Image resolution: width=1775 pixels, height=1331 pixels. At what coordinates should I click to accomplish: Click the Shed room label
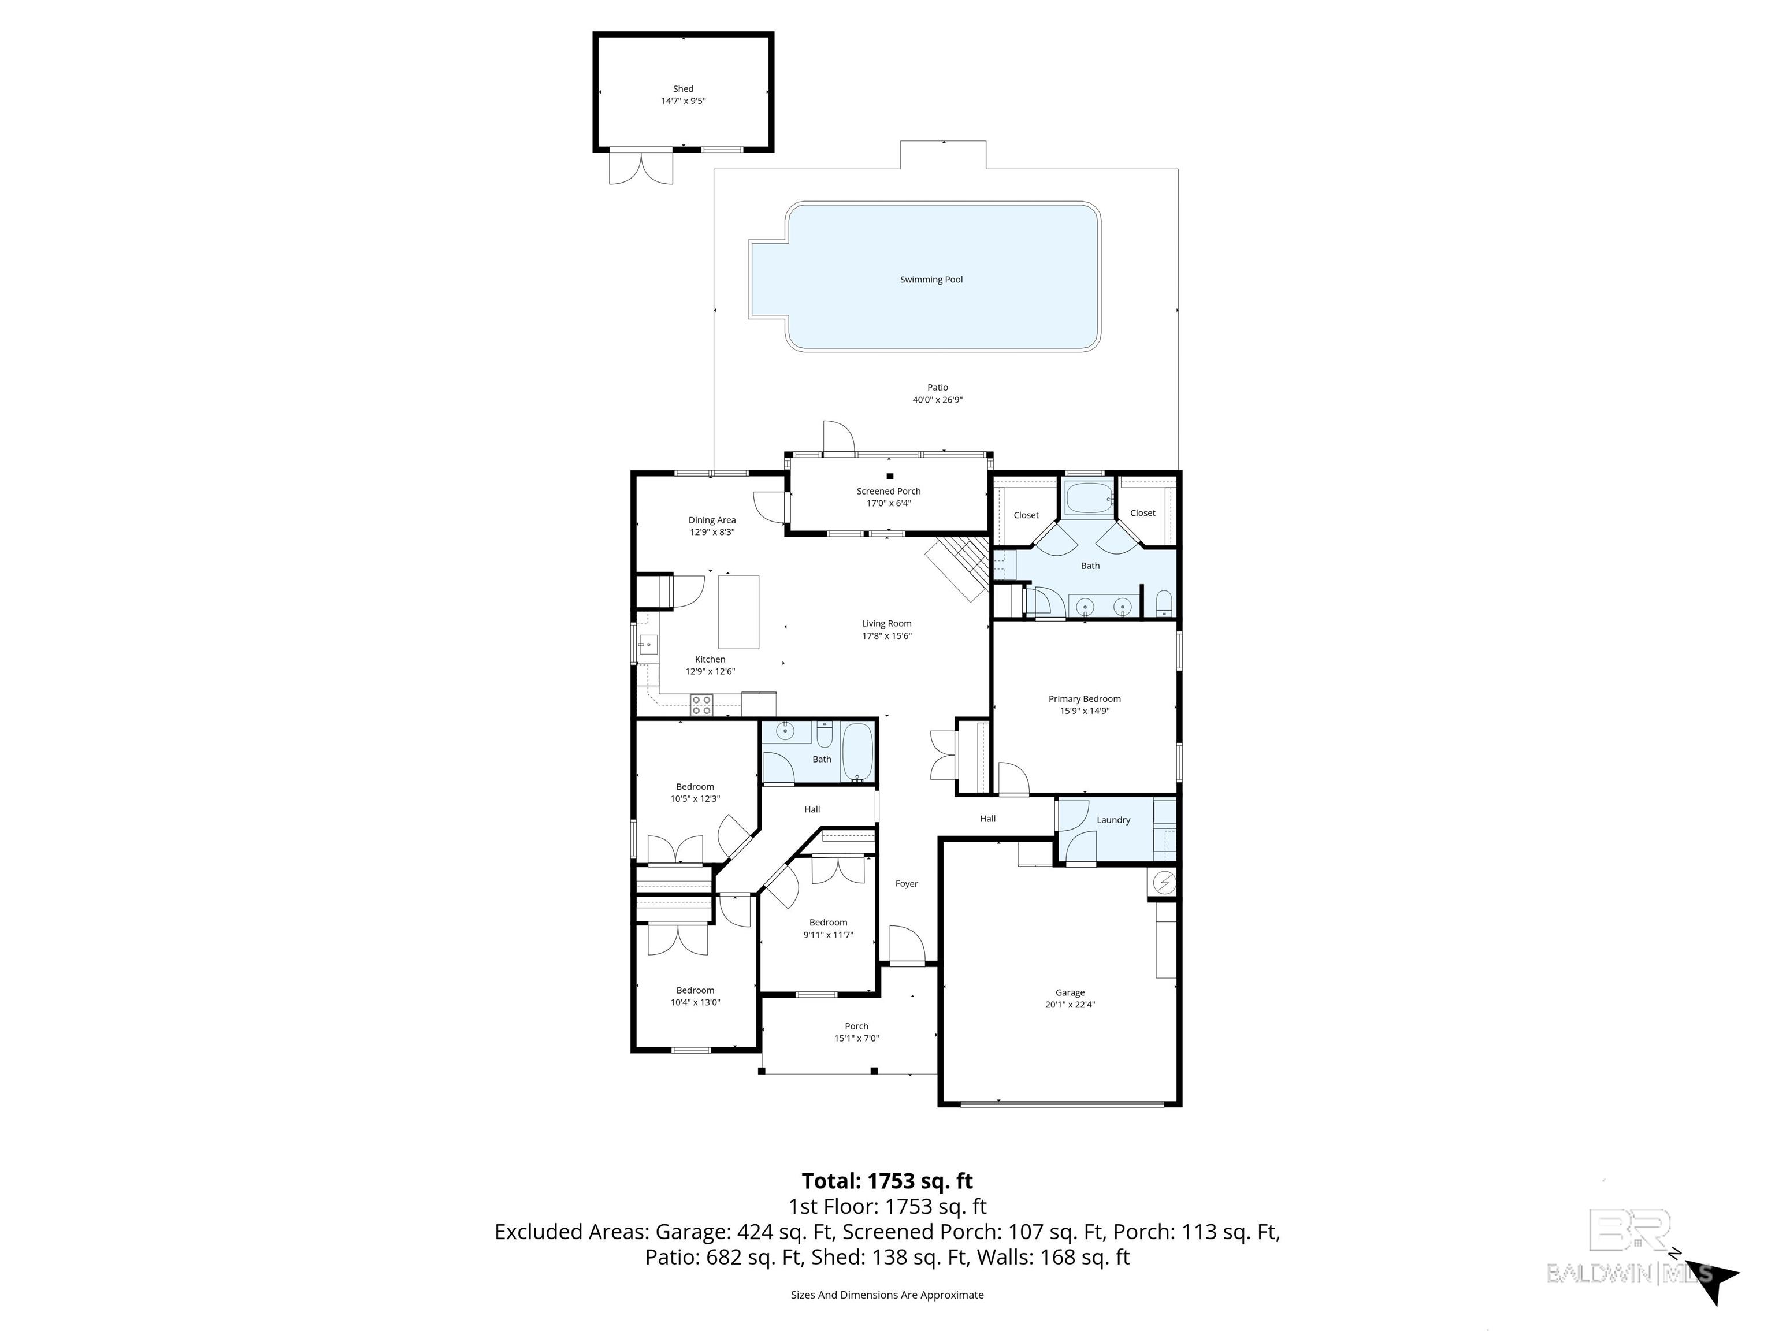[683, 89]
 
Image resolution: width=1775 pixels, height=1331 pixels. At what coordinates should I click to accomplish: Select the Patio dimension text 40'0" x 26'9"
[937, 400]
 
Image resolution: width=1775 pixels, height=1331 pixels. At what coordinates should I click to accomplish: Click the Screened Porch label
[888, 491]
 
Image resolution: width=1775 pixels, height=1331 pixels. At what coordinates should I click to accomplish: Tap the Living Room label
[886, 623]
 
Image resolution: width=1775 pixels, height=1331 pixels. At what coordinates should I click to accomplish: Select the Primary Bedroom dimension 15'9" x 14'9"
[1084, 711]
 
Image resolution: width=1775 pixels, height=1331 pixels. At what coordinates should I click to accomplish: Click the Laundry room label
[1113, 820]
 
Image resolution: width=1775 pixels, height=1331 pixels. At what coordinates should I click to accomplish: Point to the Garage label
[1070, 992]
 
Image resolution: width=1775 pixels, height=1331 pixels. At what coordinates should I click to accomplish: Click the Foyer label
[906, 883]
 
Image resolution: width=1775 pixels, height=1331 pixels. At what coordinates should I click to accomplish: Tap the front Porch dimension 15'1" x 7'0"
[856, 1038]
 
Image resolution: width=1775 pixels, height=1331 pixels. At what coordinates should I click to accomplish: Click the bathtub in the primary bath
[1089, 499]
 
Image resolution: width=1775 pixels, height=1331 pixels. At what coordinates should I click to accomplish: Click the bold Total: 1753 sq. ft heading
[887, 1181]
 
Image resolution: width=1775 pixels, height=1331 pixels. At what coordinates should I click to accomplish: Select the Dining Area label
[712, 520]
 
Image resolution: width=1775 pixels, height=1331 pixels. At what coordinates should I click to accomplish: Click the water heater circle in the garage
[1164, 883]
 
